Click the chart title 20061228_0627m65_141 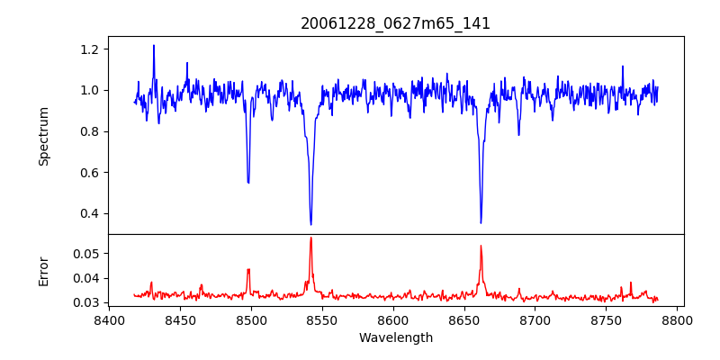tap(395, 23)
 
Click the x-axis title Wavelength tap(395, 338)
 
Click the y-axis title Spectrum tap(44, 136)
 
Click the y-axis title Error tap(44, 271)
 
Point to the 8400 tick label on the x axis tap(109, 320)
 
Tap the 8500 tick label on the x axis tap(251, 320)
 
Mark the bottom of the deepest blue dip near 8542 tap(310, 224)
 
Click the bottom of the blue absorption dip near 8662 tap(481, 222)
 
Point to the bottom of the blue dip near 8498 tap(248, 183)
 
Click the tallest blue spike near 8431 tap(154, 45)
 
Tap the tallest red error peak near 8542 tap(310, 238)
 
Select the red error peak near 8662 tap(481, 245)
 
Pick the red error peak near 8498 tap(248, 269)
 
